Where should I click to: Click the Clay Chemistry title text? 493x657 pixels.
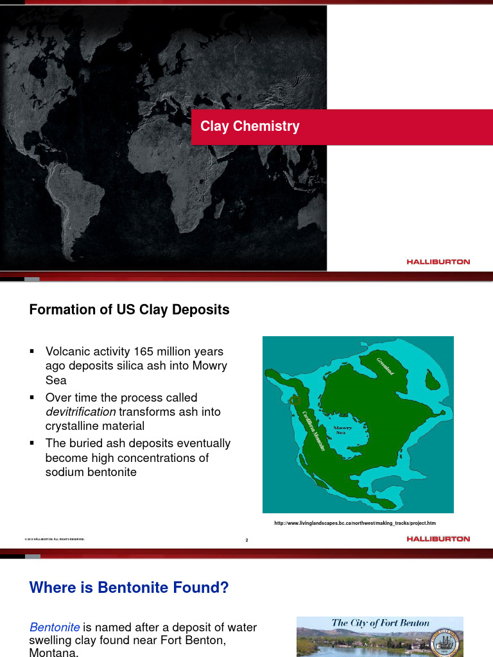(250, 126)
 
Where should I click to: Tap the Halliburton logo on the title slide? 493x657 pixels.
(438, 262)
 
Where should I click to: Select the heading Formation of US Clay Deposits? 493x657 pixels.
(129, 310)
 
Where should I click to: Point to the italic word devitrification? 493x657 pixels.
(80, 411)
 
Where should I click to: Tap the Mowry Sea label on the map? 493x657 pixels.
(340, 429)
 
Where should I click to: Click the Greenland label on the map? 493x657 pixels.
(385, 364)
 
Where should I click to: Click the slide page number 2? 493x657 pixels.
(246, 540)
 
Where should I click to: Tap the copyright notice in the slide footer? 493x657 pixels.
(55, 540)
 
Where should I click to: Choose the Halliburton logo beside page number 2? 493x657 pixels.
(438, 539)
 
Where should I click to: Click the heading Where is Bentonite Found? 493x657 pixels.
(129, 587)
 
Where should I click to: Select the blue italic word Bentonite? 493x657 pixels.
(55, 627)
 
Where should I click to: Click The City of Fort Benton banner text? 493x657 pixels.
(381, 623)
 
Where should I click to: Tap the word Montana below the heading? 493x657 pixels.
(54, 653)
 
